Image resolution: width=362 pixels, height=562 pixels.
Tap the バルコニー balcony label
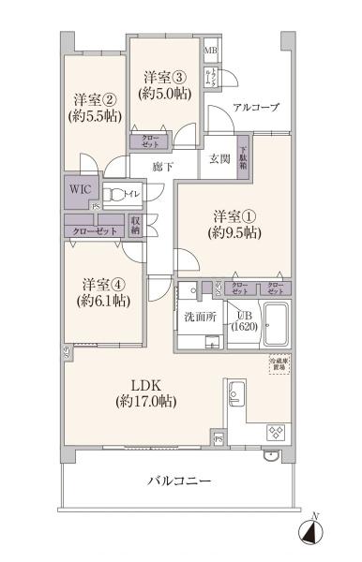(178, 482)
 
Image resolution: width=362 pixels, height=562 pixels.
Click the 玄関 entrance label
(219, 156)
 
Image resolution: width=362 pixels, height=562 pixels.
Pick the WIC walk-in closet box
(78, 187)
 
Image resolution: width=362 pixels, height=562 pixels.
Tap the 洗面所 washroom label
(200, 317)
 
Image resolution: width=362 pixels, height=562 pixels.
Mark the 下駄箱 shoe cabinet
(243, 155)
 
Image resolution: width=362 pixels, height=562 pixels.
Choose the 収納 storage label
(136, 226)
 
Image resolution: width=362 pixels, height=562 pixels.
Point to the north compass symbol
(312, 531)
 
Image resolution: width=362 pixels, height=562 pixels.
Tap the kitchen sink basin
(234, 392)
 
